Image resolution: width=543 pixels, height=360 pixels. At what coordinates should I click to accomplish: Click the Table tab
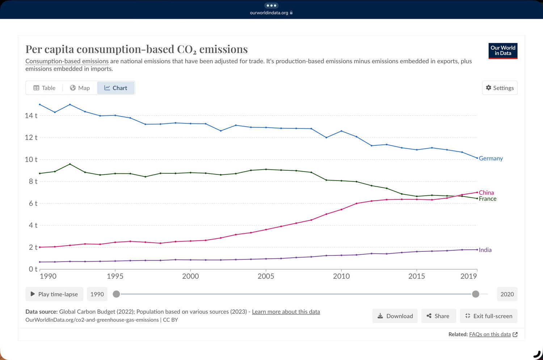44,88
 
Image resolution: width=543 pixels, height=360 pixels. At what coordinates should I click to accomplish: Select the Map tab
80,88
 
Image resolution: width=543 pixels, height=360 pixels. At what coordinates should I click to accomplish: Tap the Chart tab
116,88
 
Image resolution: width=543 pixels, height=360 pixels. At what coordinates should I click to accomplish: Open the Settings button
500,88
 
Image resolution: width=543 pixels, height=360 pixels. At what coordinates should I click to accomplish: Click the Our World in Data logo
503,51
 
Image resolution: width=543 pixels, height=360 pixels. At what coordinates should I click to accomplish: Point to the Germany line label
491,158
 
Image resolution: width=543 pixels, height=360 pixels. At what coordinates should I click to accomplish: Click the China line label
486,192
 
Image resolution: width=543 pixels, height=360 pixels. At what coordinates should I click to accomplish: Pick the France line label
488,199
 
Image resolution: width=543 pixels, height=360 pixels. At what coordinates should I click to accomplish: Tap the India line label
485,250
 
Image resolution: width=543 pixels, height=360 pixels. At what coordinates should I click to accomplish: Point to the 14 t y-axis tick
31,116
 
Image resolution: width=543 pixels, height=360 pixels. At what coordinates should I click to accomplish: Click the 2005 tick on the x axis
266,276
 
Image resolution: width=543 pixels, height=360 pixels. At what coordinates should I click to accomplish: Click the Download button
395,316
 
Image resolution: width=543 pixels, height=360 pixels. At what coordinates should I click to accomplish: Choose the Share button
438,316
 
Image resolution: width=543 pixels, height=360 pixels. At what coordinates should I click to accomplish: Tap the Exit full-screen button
489,316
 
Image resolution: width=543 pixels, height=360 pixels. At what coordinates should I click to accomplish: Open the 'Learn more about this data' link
286,312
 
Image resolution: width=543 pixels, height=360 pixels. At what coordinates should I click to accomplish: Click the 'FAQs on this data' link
490,334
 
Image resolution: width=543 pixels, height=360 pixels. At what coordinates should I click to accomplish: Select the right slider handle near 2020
476,294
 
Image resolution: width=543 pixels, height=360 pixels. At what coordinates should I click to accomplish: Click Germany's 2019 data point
477,158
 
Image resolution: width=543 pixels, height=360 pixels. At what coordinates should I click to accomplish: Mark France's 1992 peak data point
70,164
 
